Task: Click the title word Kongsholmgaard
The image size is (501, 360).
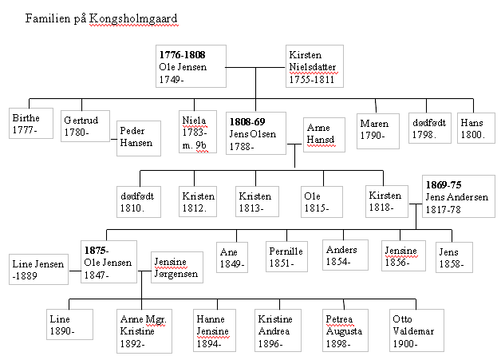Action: (133, 18)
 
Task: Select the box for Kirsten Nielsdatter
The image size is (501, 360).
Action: (314, 66)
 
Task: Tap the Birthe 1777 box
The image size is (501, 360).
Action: (31, 124)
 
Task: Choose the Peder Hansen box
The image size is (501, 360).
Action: (139, 138)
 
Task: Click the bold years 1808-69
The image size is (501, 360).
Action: (247, 122)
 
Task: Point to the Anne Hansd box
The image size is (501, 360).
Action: (324, 135)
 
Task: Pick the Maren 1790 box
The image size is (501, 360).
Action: (378, 131)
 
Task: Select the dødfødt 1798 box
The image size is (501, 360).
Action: (430, 128)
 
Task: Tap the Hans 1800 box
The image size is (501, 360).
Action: (476, 128)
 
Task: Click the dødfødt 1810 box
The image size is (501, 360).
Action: (139, 202)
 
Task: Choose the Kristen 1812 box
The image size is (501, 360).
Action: (198, 201)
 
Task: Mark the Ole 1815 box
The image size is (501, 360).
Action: (322, 202)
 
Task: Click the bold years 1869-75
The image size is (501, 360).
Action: (444, 185)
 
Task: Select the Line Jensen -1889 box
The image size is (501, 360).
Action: (38, 269)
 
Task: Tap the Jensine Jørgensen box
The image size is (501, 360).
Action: (177, 267)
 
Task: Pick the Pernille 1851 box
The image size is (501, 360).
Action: (286, 257)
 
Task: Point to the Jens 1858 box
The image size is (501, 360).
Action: (454, 257)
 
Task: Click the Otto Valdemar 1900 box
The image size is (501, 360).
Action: (416, 330)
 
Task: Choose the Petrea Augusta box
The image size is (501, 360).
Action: (345, 330)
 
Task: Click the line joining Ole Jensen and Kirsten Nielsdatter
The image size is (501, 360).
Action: (255, 68)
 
